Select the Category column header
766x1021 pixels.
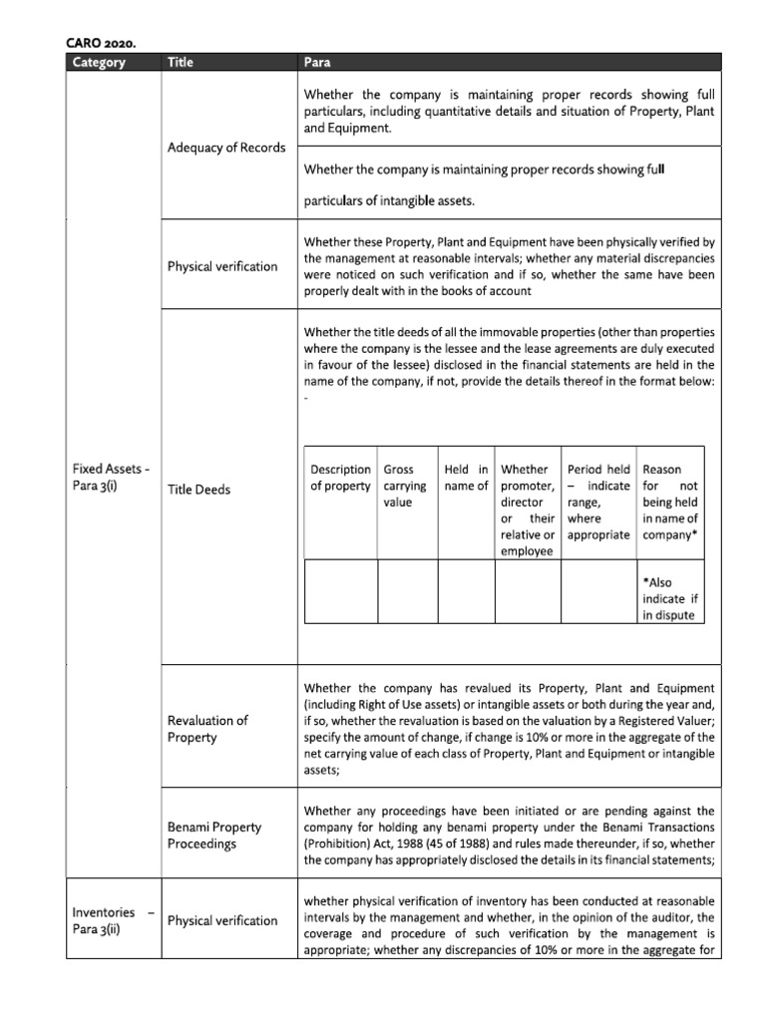pyautogui.click(x=99, y=63)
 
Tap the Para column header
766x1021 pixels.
pyautogui.click(x=317, y=63)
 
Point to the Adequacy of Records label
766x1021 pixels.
pyautogui.click(x=226, y=148)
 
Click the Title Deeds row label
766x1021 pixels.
pyautogui.click(x=198, y=490)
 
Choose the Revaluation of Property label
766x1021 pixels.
pyautogui.click(x=207, y=729)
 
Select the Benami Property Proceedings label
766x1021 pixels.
pyautogui.click(x=214, y=836)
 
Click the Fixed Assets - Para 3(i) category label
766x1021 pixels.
pyautogui.click(x=112, y=478)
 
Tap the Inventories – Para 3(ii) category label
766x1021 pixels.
pyautogui.click(x=113, y=920)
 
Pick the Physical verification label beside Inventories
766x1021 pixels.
pyautogui.click(x=222, y=920)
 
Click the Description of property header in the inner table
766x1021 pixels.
pyautogui.click(x=340, y=478)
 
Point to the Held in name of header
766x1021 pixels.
pyautogui.click(x=466, y=478)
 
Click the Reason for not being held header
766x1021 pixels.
pyautogui.click(x=670, y=502)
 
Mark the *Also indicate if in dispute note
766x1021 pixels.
pyautogui.click(x=670, y=598)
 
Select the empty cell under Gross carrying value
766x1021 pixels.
pyautogui.click(x=407, y=591)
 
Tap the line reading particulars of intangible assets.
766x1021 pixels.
pyautogui.click(x=389, y=201)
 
